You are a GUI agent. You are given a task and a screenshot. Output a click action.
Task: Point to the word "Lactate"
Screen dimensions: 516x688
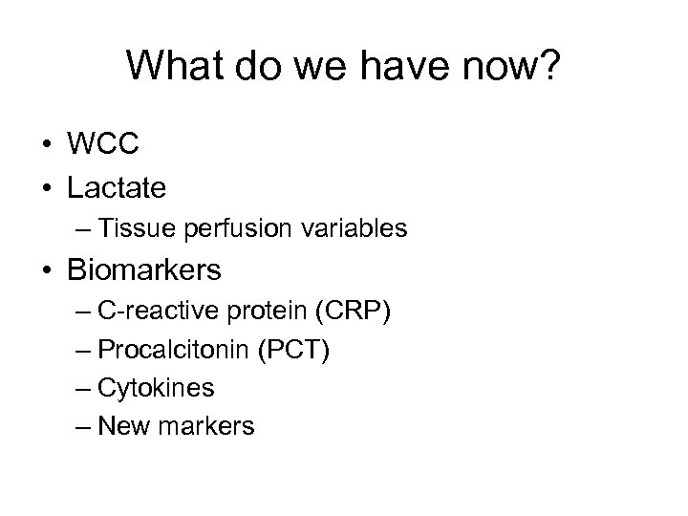[117, 187]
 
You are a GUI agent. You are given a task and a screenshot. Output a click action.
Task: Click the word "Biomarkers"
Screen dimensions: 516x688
[144, 271]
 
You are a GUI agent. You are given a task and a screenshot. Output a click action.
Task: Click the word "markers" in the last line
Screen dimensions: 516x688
[216, 425]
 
